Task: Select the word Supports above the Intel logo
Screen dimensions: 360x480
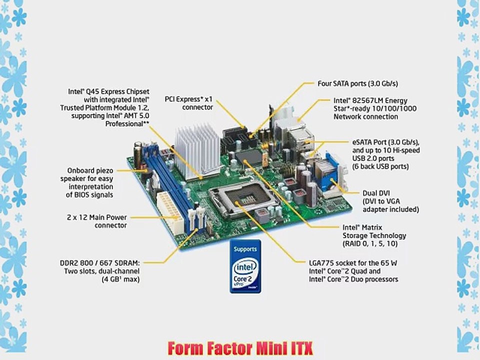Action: [x=245, y=249]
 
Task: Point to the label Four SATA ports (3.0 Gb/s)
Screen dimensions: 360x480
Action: [x=358, y=83]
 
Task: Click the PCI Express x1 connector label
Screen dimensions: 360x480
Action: [x=189, y=103]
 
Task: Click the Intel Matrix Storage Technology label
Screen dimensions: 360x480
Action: [x=374, y=235]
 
